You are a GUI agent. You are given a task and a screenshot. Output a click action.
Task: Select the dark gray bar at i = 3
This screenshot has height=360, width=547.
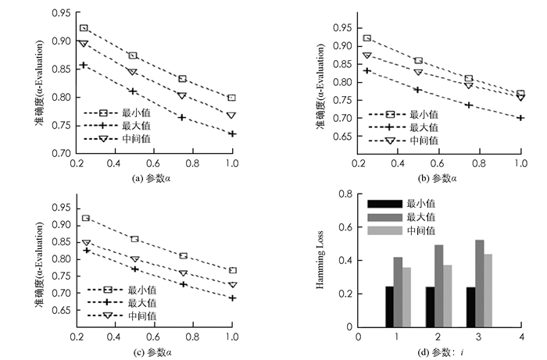479,283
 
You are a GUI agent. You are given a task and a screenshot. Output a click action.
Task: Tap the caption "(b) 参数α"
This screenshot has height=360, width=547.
440,177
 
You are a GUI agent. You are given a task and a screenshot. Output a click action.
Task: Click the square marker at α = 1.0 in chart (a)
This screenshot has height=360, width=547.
231,98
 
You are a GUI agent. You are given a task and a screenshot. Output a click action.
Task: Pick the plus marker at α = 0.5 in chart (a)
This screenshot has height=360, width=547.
133,91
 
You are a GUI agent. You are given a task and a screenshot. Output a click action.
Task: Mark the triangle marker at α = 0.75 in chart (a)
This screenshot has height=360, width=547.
182,95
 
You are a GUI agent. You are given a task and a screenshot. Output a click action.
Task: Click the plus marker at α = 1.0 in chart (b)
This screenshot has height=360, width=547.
520,118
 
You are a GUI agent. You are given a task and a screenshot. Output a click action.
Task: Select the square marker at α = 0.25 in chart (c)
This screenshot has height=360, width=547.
85,219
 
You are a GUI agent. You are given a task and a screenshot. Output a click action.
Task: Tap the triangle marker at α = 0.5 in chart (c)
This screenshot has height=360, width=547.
134,259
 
